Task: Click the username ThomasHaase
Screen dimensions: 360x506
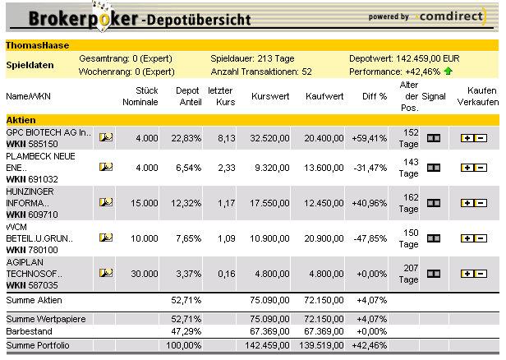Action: tap(37, 45)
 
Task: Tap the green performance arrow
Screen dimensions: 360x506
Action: tap(448, 72)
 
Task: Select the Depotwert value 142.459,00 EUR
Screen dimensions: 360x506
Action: tap(434, 58)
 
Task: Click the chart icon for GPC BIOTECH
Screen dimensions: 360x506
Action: tap(106, 138)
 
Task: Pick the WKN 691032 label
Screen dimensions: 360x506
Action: tap(30, 178)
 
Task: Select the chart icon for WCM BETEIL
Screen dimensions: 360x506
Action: tap(106, 238)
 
